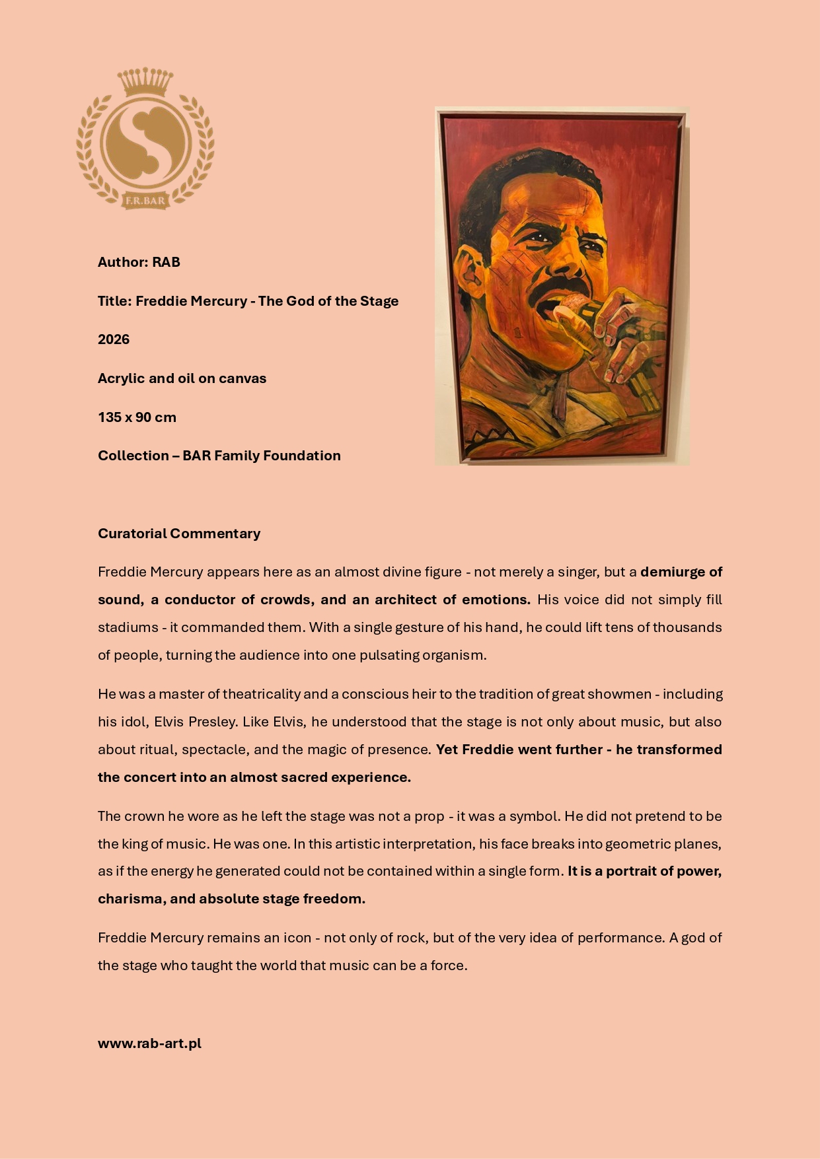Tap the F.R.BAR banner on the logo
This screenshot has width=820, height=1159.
(145, 200)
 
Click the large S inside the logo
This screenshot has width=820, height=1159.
(145, 143)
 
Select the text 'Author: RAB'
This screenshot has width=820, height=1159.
(139, 262)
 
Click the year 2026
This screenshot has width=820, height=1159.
(114, 339)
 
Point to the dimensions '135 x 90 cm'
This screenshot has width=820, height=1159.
(137, 417)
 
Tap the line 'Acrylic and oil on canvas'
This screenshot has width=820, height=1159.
(182, 378)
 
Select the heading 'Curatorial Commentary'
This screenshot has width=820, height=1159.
(179, 534)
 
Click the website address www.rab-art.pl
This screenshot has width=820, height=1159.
(149, 1043)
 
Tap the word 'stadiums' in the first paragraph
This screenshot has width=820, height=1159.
(128, 627)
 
